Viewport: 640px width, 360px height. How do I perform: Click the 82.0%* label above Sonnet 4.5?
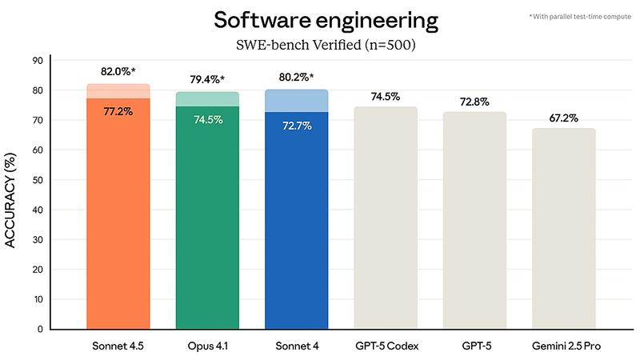118,71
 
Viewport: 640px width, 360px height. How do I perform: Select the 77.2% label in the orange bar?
118,111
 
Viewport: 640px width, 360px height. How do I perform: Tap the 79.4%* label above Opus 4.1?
207,79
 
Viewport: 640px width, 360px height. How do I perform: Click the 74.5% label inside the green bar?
207,119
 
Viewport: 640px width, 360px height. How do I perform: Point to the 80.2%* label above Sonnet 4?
297,77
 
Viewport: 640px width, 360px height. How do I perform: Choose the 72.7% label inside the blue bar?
297,125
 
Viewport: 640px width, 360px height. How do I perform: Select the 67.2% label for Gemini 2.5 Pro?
564,117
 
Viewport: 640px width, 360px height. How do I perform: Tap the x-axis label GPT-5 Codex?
386,346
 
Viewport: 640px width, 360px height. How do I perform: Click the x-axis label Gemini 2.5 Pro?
564,346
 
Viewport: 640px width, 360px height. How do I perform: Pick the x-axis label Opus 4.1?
207,346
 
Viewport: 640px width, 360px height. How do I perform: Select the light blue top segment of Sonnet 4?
297,102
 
